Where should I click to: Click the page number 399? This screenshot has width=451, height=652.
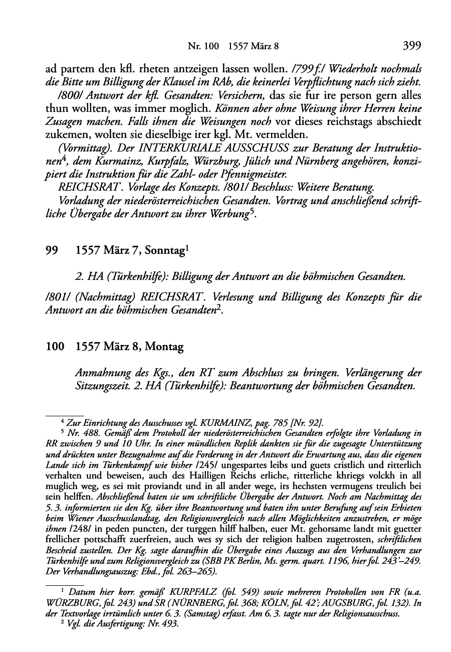click(x=411, y=46)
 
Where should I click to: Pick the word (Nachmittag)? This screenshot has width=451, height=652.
click(x=101, y=297)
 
